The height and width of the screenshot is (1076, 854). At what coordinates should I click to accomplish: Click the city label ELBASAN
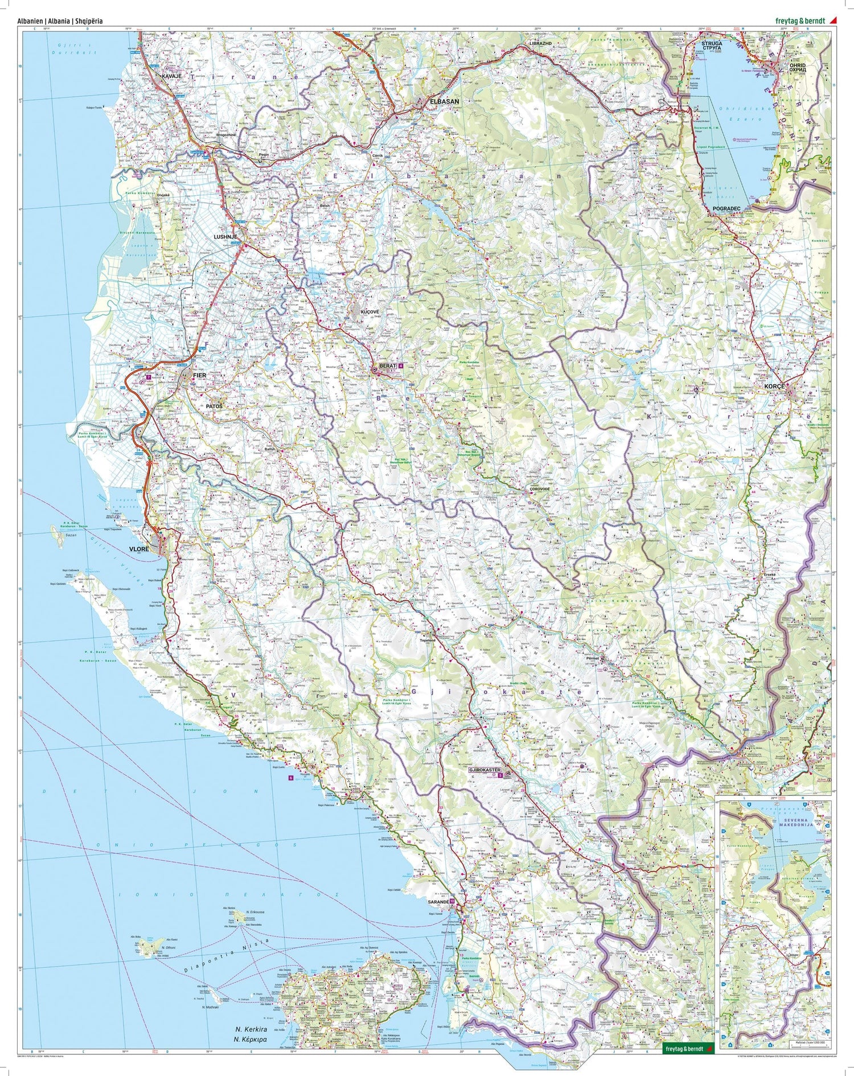[x=445, y=101]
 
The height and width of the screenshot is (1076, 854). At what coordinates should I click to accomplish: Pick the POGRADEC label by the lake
[x=726, y=209]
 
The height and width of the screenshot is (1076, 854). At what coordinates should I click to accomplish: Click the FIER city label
[x=199, y=376]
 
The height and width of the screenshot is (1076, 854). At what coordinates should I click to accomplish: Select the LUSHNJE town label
[x=224, y=236]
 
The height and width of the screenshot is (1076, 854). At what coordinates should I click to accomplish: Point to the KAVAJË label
[x=171, y=76]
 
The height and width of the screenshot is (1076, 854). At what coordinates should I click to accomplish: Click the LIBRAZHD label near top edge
[x=541, y=43]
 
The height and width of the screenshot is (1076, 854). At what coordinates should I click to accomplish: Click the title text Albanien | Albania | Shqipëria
[x=60, y=20]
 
